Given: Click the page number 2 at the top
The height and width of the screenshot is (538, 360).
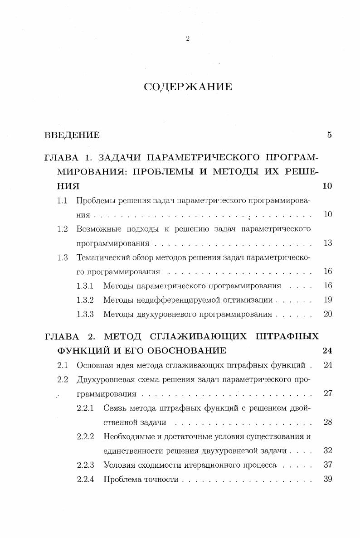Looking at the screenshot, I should (188, 39).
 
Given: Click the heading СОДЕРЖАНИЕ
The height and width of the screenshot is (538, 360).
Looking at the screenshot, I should (188, 87).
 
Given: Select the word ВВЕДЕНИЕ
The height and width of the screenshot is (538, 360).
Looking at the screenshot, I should (72, 135).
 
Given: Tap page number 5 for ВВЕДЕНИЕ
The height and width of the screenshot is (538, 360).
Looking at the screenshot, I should (330, 135).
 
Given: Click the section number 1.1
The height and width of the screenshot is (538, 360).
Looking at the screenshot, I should (63, 200).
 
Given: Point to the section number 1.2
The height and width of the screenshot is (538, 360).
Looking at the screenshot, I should (63, 229).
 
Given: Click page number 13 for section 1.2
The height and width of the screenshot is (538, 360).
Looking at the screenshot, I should (328, 243).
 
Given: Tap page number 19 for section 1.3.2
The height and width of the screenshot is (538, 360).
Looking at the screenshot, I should (328, 300).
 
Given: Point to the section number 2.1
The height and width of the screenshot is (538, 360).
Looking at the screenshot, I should (63, 365).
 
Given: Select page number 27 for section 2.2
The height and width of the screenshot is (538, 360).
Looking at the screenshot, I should (328, 393).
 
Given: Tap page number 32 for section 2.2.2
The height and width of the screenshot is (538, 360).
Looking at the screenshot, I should (328, 451).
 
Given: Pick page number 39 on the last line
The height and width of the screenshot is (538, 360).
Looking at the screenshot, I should (328, 479).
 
